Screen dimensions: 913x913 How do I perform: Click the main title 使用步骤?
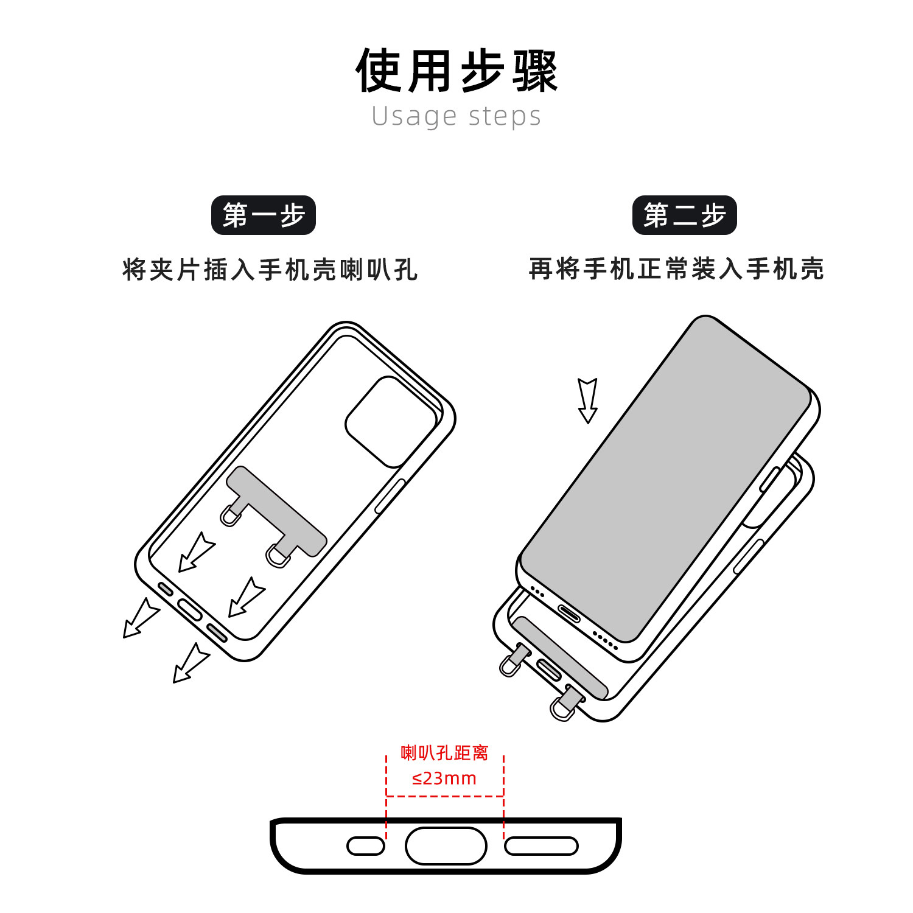[456, 71]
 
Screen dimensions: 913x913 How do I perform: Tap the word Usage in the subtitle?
[414, 116]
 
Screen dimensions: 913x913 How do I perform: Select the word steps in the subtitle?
[505, 116]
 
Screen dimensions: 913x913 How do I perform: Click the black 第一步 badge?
[263, 215]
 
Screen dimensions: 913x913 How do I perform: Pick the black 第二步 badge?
[684, 215]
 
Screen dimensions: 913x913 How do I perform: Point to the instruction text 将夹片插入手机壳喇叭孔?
[270, 270]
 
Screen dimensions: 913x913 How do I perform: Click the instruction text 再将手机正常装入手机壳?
[676, 269]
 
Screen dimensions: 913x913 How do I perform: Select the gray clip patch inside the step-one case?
[277, 511]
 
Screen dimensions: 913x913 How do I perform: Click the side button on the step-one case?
[390, 496]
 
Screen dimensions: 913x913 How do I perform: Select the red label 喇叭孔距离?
[444, 753]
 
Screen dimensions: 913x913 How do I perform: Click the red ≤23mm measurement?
[444, 778]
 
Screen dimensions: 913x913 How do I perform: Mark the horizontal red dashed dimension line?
[445, 796]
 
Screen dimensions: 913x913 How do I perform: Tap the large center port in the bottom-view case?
[446, 845]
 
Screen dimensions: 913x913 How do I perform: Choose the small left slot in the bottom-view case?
[366, 846]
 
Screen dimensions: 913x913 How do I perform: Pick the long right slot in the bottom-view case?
[541, 846]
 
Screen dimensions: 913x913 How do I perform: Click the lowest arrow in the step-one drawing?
[191, 663]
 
